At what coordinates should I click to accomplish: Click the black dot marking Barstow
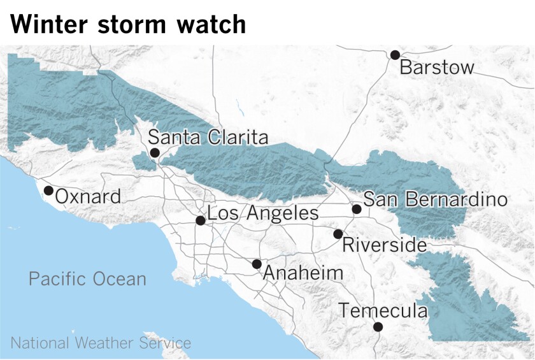click(x=395, y=55)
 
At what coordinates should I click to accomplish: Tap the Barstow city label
click(x=437, y=68)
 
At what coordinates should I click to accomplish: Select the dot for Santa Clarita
click(x=154, y=153)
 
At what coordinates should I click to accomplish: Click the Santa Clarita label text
click(x=208, y=138)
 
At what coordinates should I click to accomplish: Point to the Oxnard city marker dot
click(x=48, y=191)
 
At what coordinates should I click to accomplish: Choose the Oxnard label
click(x=88, y=197)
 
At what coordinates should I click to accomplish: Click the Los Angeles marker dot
click(x=200, y=220)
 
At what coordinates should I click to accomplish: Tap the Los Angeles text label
click(x=263, y=213)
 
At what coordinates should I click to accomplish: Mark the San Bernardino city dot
click(x=357, y=209)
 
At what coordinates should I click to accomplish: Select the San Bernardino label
click(x=436, y=199)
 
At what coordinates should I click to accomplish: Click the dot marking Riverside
click(x=338, y=234)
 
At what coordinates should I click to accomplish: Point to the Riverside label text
click(x=384, y=245)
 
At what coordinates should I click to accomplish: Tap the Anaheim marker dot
click(x=256, y=264)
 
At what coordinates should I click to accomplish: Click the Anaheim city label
click(x=303, y=273)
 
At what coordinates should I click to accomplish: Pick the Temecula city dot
click(x=378, y=327)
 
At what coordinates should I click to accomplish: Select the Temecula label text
click(x=383, y=311)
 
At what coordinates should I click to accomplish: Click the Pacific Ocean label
click(x=87, y=278)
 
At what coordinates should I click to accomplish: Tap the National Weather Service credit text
click(x=101, y=343)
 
